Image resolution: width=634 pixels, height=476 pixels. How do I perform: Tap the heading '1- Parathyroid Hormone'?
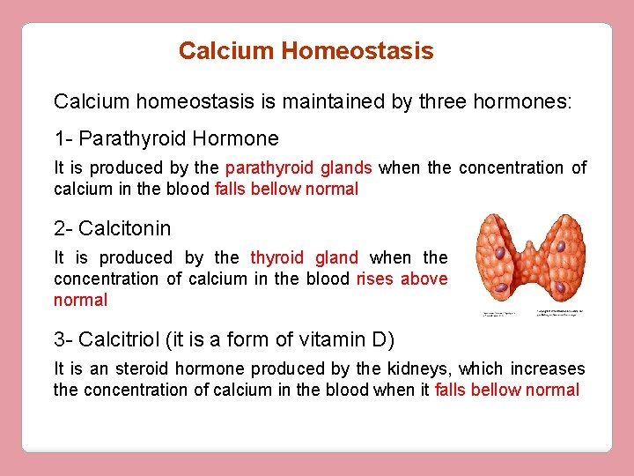pyautogui.click(x=166, y=138)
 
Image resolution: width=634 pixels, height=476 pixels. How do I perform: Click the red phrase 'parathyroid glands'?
pyautogui.click(x=299, y=167)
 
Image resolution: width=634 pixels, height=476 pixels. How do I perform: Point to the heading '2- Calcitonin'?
pyautogui.click(x=113, y=229)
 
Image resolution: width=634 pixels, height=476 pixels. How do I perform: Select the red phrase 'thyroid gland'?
pyautogui.click(x=304, y=257)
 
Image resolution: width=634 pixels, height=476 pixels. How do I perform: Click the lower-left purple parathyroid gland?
pyautogui.click(x=499, y=287)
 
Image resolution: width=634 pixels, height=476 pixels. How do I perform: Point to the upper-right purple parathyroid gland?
pyautogui.click(x=560, y=250)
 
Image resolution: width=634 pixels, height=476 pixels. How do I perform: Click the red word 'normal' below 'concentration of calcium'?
pyautogui.click(x=80, y=301)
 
